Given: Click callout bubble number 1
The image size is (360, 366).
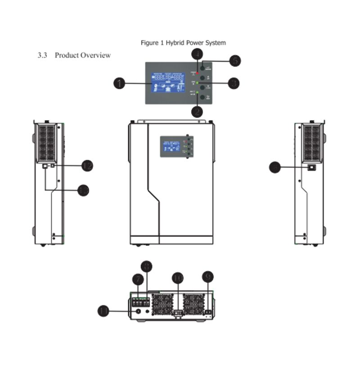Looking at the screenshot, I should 119,83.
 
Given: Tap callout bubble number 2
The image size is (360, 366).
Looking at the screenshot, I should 197,111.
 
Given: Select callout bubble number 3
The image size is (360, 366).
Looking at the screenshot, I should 233,83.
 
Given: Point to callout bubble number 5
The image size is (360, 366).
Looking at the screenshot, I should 234,61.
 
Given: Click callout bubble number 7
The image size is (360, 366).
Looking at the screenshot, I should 138,280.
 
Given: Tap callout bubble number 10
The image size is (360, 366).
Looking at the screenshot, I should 178,278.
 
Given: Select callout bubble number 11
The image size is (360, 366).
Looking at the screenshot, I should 104,311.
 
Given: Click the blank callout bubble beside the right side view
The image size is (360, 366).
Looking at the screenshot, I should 275,168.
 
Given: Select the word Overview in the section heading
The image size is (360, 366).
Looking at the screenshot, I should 95,55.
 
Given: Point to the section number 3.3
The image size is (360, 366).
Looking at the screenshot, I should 43,55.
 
